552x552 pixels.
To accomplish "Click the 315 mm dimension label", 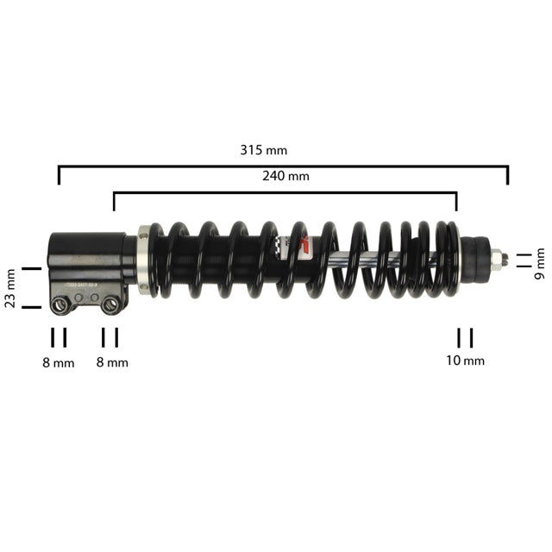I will pos(263,150).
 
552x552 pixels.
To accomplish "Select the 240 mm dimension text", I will pos(285,176).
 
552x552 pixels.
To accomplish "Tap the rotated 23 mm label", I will pos(11,288).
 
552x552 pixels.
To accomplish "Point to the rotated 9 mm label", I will pos(541,259).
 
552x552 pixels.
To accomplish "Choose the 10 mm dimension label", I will pos(466,361).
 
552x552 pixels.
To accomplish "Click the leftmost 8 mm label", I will pos(59,363).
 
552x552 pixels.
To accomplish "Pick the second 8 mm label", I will pos(112,363).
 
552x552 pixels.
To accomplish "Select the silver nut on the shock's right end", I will pos(498,258).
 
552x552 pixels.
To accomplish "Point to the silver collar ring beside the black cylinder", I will pos(144,260).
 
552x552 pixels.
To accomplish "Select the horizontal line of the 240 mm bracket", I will pos(285,193).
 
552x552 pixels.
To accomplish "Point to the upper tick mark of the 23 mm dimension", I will pos(32,268).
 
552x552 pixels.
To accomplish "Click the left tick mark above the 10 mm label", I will pos(460,336).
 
